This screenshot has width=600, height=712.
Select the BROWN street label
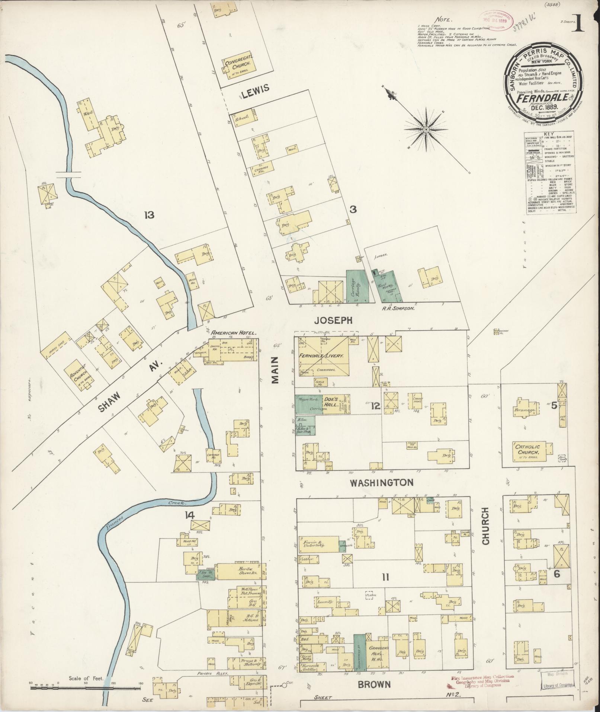tap(374, 684)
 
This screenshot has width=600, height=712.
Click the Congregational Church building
tap(240, 66)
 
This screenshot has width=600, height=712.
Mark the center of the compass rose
tap(426, 129)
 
